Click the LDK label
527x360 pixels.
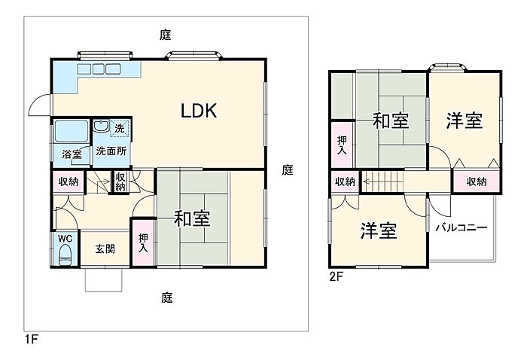199,110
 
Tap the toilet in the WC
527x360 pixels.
65,255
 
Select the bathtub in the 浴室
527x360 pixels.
72,131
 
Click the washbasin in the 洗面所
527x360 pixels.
101,127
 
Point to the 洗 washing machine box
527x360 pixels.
119,128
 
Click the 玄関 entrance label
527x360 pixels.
105,249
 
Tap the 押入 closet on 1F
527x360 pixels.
144,243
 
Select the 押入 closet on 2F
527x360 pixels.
342,145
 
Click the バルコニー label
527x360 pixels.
462,228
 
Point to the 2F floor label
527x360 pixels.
336,276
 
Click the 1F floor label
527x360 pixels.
31,339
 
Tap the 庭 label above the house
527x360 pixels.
166,35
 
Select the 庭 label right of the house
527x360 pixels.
288,169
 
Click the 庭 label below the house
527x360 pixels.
166,297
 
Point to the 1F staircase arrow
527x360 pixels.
102,182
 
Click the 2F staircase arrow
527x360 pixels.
383,182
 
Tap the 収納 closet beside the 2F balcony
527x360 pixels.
477,182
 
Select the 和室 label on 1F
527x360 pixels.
192,219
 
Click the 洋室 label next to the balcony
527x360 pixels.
379,230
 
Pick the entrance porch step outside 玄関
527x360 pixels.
104,279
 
